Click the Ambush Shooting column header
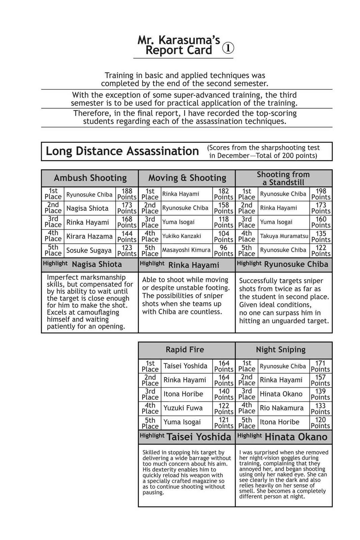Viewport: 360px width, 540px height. coord(90,178)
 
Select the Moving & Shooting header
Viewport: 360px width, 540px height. coord(187,178)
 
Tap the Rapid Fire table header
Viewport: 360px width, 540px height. coord(185,350)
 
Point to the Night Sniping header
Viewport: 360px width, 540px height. coord(281,350)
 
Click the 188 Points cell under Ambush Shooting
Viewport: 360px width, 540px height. coord(127,194)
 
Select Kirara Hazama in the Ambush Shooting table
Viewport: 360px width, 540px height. coord(89,236)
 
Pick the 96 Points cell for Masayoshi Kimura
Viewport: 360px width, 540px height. coord(224,250)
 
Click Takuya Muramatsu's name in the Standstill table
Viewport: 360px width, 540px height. coord(284,236)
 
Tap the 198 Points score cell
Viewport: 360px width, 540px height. coord(321,194)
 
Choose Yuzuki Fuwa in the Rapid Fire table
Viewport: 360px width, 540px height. coord(183,408)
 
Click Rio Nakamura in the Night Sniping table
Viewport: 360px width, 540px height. coord(281,408)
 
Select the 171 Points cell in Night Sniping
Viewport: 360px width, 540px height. coord(320,366)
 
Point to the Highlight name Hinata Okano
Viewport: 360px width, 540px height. coord(296,437)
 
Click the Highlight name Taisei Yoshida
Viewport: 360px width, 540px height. coord(199,437)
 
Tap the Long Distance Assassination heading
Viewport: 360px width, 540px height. coord(122,151)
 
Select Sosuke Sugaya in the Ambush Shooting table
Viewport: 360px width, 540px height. coord(89,250)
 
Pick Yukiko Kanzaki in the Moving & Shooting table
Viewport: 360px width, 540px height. coord(182,236)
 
